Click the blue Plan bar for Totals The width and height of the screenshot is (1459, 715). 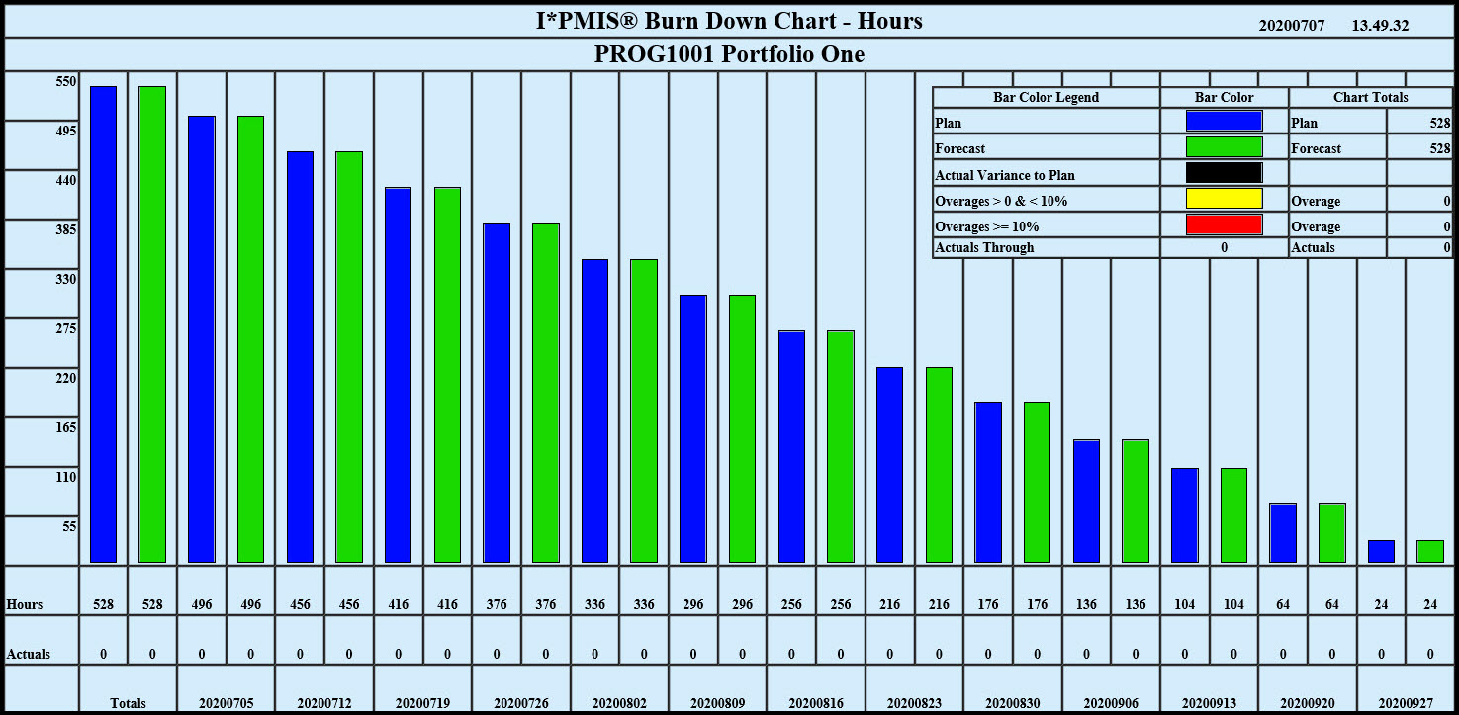pos(103,324)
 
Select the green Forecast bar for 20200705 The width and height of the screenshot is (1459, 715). pos(250,339)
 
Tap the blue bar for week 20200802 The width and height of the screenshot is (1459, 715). pos(594,410)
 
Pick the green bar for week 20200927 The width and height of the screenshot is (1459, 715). pos(1430,552)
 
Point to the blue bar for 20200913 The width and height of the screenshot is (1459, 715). pos(1184,515)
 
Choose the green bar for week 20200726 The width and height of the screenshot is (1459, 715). pos(546,393)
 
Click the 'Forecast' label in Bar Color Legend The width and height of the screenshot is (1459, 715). pos(959,149)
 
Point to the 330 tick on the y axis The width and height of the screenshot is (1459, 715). pos(66,279)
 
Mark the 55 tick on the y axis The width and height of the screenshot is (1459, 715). pos(69,526)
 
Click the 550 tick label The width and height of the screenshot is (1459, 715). pos(66,82)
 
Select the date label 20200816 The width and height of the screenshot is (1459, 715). pos(816,703)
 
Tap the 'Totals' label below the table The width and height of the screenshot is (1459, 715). pos(128,703)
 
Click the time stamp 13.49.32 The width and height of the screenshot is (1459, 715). pos(1380,25)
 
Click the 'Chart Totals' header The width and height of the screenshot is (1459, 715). pos(1370,98)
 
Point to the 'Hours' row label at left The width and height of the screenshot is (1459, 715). pos(24,604)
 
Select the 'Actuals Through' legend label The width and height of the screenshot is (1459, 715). pos(984,247)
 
